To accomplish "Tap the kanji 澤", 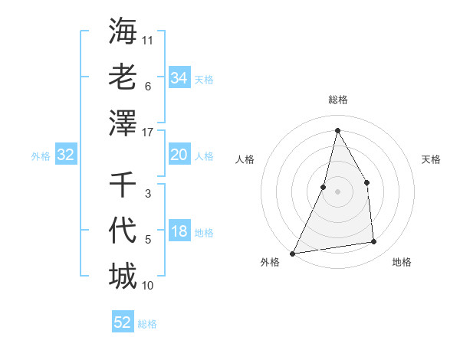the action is [123, 123].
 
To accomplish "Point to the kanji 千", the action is [123, 185].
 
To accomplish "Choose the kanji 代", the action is [123, 231].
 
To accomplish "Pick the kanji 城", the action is [123, 277].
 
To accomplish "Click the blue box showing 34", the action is [179, 78].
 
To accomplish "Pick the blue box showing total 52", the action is [123, 322].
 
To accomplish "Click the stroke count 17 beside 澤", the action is [149, 132].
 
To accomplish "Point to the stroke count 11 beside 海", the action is [149, 39].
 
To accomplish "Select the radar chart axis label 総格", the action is [338, 100].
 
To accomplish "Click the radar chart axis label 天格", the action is [432, 159].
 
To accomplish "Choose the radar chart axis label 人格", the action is [245, 159].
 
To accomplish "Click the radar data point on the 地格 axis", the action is [374, 242].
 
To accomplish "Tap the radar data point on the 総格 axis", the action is [337, 130].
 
